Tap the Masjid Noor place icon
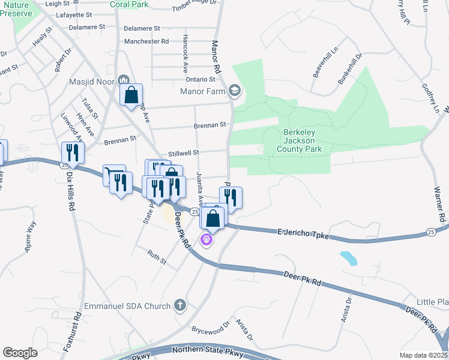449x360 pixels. pos(124,80)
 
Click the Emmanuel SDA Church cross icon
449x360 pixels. pos(179,306)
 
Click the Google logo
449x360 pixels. pos(20,352)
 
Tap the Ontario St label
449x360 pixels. pos(200,79)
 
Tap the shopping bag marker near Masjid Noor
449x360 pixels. pos(131,95)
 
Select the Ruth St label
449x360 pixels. pos(157,257)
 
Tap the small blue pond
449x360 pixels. pos(348,258)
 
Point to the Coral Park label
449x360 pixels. pos(129,4)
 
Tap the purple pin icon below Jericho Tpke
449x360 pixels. pos(207,239)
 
